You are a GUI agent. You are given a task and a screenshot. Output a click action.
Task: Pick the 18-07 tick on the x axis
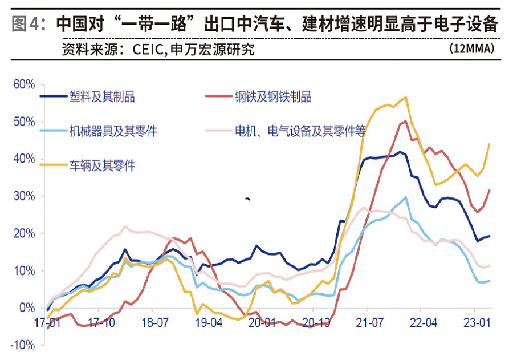click(155, 323)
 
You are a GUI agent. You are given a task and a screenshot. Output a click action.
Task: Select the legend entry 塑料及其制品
click(101, 96)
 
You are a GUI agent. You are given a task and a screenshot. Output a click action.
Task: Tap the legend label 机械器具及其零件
click(113, 131)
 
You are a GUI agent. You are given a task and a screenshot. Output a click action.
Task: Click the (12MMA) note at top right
click(471, 48)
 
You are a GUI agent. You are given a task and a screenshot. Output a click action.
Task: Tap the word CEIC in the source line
click(148, 50)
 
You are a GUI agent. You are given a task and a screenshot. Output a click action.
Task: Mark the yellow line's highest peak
click(406, 97)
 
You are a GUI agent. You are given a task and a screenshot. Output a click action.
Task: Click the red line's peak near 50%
click(405, 121)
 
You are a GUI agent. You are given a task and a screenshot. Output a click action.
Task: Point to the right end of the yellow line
click(490, 144)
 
